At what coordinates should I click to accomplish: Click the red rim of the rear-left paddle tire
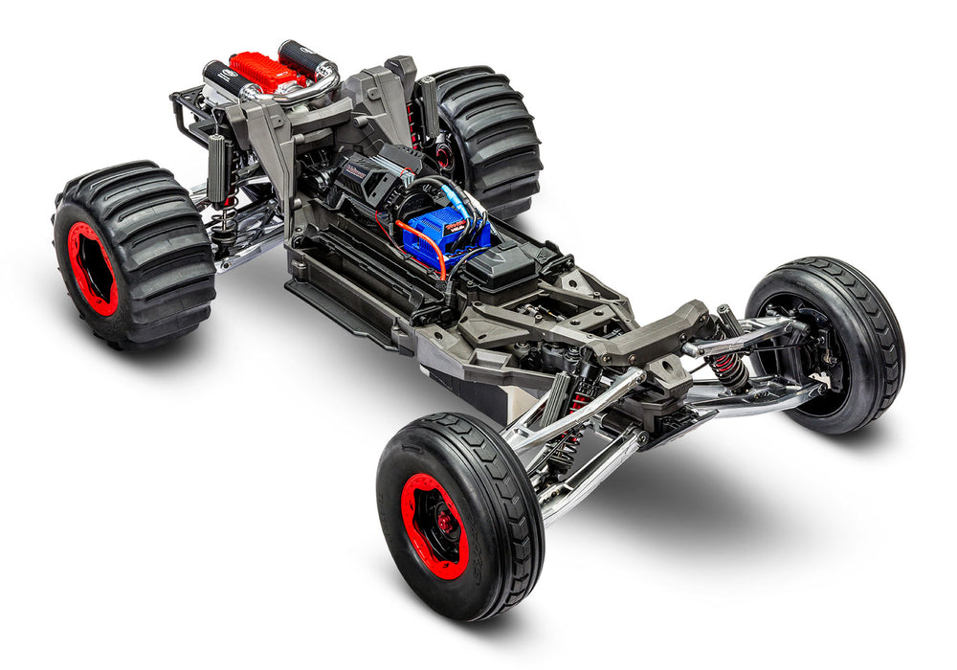[92, 269]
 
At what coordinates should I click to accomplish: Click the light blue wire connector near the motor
[471, 206]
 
